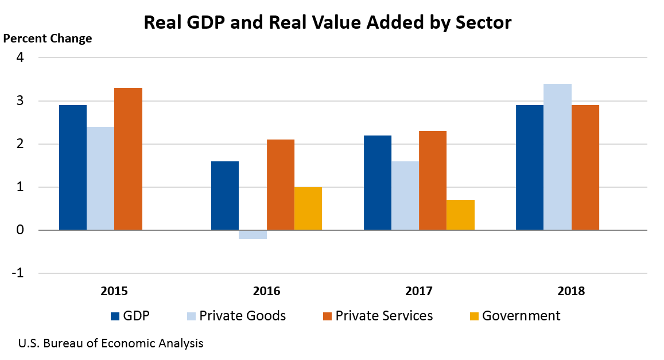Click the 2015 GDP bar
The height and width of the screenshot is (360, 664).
click(x=73, y=168)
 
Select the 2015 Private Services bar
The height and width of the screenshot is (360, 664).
click(x=128, y=159)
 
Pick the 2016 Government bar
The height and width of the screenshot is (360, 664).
click(x=308, y=208)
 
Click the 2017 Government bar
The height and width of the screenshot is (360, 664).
click(x=460, y=215)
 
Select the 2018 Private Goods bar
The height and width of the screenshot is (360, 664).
click(x=557, y=157)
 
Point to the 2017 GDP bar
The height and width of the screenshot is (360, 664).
click(x=378, y=183)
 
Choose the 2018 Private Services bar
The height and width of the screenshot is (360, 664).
click(x=585, y=168)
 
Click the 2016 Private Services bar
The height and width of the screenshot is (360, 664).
click(x=281, y=185)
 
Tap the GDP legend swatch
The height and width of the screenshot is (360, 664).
click(x=114, y=316)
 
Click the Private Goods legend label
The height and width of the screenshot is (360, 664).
click(x=243, y=316)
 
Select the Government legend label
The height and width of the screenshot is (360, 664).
click(x=521, y=316)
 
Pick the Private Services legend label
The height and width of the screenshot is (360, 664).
click(x=384, y=316)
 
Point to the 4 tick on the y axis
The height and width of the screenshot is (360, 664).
click(x=20, y=57)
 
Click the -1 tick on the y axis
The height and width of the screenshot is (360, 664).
click(x=18, y=273)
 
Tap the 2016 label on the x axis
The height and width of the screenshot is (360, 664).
click(x=266, y=291)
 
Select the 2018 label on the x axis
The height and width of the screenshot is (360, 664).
click(x=570, y=291)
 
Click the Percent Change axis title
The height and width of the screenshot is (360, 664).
click(x=48, y=39)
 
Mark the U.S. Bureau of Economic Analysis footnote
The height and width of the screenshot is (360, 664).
click(x=111, y=344)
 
